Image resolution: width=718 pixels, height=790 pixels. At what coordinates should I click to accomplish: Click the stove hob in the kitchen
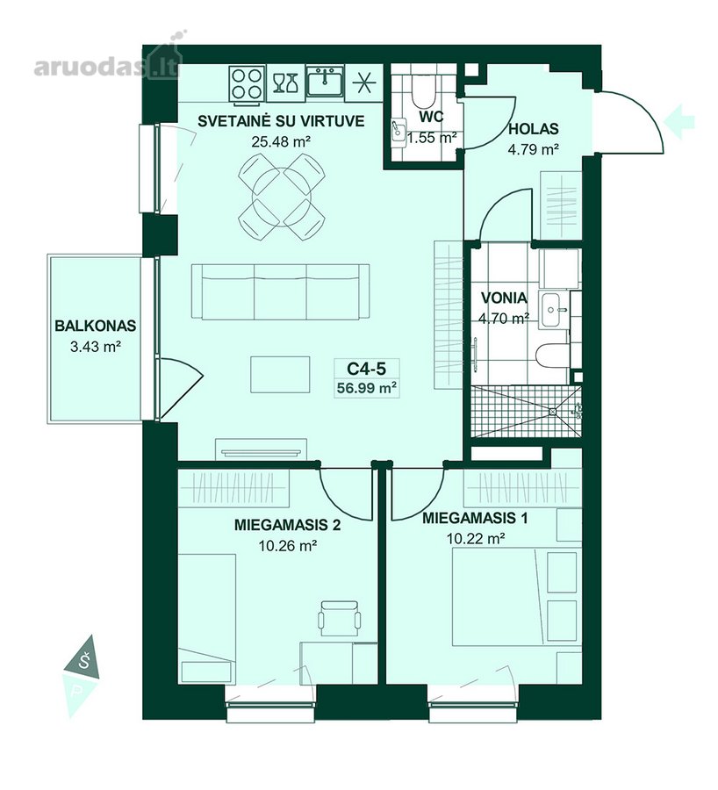click(x=247, y=83)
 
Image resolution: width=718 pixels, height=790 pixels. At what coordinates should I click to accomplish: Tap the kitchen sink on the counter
click(x=326, y=83)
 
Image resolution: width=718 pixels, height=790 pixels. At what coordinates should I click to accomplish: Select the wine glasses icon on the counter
click(x=285, y=83)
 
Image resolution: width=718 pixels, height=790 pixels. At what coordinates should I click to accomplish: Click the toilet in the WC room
click(x=424, y=90)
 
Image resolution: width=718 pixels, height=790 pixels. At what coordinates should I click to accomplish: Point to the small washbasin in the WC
click(x=398, y=133)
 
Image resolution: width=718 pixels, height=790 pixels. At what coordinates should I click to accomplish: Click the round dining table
click(x=281, y=197)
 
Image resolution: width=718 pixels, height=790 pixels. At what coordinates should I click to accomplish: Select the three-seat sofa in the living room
click(x=280, y=291)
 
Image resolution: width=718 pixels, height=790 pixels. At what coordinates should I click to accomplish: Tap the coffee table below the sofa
click(x=280, y=374)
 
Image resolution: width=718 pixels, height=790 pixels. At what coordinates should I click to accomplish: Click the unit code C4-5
click(x=366, y=369)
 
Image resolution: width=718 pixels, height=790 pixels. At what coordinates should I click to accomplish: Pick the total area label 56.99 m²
click(x=366, y=388)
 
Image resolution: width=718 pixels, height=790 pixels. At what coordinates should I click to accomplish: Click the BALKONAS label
click(x=95, y=326)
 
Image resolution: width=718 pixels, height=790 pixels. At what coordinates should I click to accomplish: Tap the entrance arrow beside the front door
click(x=679, y=121)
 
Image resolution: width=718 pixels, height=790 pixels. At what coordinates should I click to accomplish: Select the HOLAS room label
click(x=533, y=129)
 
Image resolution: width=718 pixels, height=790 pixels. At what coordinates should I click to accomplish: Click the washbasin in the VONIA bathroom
click(x=553, y=309)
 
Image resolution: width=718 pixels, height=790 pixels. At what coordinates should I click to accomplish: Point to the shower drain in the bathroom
click(x=553, y=412)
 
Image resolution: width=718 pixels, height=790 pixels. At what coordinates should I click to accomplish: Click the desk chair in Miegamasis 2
click(x=340, y=618)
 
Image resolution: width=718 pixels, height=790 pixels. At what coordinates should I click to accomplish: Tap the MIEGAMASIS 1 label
click(x=475, y=518)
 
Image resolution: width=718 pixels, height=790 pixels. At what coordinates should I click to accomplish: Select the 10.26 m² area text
click(x=287, y=545)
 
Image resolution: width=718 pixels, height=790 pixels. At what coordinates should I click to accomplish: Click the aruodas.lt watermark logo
click(x=107, y=66)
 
